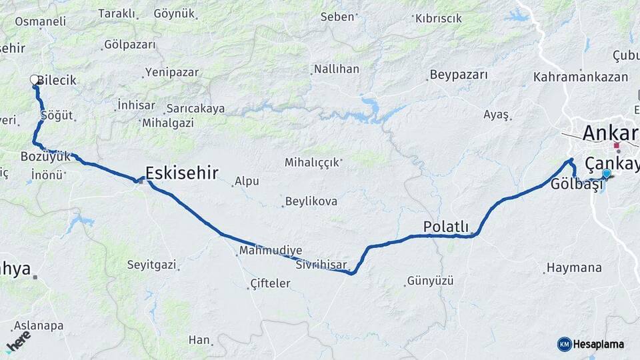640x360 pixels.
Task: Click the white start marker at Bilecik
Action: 35,80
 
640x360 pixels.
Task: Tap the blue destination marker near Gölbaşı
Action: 606,174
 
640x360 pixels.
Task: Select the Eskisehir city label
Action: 181,173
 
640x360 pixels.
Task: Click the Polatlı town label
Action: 446,227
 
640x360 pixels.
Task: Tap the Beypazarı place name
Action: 459,75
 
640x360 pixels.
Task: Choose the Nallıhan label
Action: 336,69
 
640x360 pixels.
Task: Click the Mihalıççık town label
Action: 313,162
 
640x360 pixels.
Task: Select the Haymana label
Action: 574,268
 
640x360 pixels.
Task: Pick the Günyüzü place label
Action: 430,281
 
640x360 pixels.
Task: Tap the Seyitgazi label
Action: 152,265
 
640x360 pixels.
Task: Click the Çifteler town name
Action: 270,284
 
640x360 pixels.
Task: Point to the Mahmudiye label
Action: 271,250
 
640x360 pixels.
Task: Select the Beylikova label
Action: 311,201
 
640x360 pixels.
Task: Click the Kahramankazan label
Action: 581,77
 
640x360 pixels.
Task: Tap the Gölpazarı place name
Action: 130,45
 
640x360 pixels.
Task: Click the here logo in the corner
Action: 18,341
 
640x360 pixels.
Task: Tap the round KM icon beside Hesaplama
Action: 564,344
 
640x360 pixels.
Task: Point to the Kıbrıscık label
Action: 438,18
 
